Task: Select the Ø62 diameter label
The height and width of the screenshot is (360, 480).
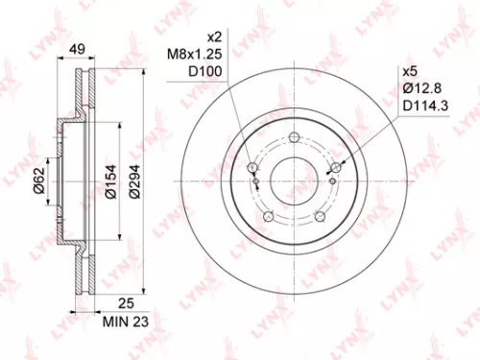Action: pyautogui.click(x=38, y=180)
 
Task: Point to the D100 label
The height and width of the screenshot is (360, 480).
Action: pyautogui.click(x=199, y=74)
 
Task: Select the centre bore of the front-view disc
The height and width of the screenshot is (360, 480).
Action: pyautogui.click(x=293, y=180)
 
